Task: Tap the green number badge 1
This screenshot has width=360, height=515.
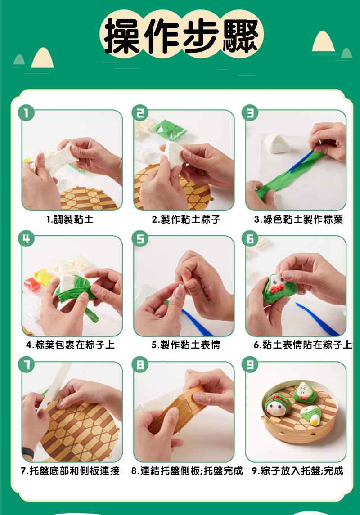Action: [26, 113]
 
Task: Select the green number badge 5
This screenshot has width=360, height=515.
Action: [140, 239]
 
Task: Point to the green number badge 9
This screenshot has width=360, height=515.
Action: [250, 365]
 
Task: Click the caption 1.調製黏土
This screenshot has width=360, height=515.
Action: [70, 219]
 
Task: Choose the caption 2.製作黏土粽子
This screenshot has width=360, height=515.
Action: [186, 219]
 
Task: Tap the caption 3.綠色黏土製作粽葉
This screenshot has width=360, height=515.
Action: [298, 219]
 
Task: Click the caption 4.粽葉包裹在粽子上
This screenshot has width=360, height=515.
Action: [70, 345]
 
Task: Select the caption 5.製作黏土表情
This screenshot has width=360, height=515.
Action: [185, 345]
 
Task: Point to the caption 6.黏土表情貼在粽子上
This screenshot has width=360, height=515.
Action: [303, 345]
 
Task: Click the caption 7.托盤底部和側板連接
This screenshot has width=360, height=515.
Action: [70, 470]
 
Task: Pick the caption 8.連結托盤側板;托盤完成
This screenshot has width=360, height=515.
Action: [187, 470]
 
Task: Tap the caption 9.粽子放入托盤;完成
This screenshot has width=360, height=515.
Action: [297, 470]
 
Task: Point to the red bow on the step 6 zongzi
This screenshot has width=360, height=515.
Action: [277, 288]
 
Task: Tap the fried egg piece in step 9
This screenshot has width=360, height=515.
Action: [315, 419]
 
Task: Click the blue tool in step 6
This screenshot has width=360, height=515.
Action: [317, 318]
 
